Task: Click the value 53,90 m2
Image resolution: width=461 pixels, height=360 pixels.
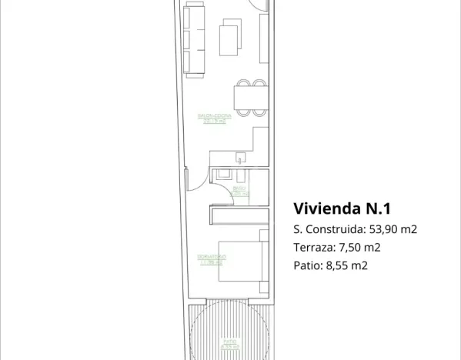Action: click(x=393, y=229)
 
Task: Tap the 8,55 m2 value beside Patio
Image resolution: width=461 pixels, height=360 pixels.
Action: click(x=347, y=266)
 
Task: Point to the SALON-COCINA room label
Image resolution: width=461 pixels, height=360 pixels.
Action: click(x=214, y=118)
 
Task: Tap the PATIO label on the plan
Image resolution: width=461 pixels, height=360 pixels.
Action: click(x=229, y=344)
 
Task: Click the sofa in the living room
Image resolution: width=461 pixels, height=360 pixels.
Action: click(x=195, y=38)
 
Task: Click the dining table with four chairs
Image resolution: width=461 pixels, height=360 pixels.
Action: click(x=250, y=98)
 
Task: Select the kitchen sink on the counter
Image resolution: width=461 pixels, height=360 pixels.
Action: click(x=240, y=158)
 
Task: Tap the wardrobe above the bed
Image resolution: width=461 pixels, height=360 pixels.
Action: click(x=239, y=216)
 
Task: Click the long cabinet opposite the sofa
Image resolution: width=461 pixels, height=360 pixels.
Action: click(x=264, y=38)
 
